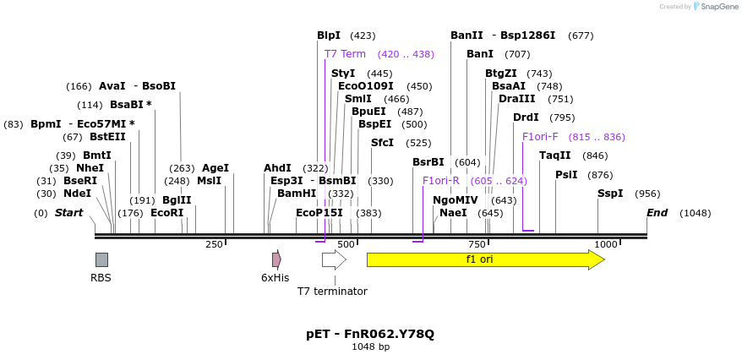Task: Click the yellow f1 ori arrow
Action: [484, 259]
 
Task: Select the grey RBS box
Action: [101, 259]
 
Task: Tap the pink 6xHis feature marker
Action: [276, 259]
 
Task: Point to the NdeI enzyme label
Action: [77, 194]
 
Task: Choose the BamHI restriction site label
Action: [297, 194]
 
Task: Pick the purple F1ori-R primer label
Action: [441, 181]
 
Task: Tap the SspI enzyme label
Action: [609, 194]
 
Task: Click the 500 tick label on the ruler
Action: [345, 244]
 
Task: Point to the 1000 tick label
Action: [606, 244]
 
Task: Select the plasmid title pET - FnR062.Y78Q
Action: [370, 334]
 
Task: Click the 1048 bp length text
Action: [370, 346]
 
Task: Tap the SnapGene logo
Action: [715, 7]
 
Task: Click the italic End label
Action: [657, 213]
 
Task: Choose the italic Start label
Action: [69, 213]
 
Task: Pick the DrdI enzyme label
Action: [526, 117]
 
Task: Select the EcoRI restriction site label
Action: [166, 213]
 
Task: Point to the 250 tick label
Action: [214, 244]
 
